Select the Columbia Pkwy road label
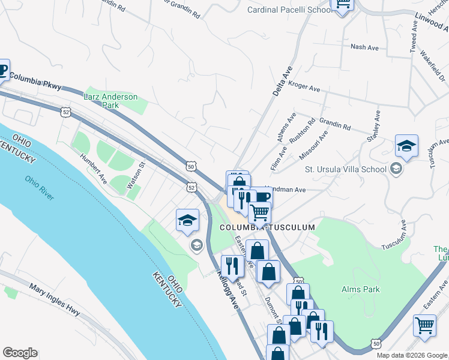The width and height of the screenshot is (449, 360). (x=35, y=80)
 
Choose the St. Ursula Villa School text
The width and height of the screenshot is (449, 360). (x=345, y=169)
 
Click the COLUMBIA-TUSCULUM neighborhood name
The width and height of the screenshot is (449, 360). (x=267, y=227)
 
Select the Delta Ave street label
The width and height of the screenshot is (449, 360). (x=281, y=82)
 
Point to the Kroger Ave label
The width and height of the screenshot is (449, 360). (x=304, y=87)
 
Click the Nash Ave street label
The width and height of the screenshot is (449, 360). (x=358, y=47)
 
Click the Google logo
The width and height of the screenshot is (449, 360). (x=20, y=353)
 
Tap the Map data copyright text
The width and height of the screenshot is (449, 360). (x=412, y=355)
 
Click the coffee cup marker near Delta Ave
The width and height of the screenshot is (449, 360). (x=263, y=197)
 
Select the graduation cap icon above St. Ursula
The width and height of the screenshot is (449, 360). (x=406, y=146)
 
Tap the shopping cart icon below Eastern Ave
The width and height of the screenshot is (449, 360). (x=424, y=326)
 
